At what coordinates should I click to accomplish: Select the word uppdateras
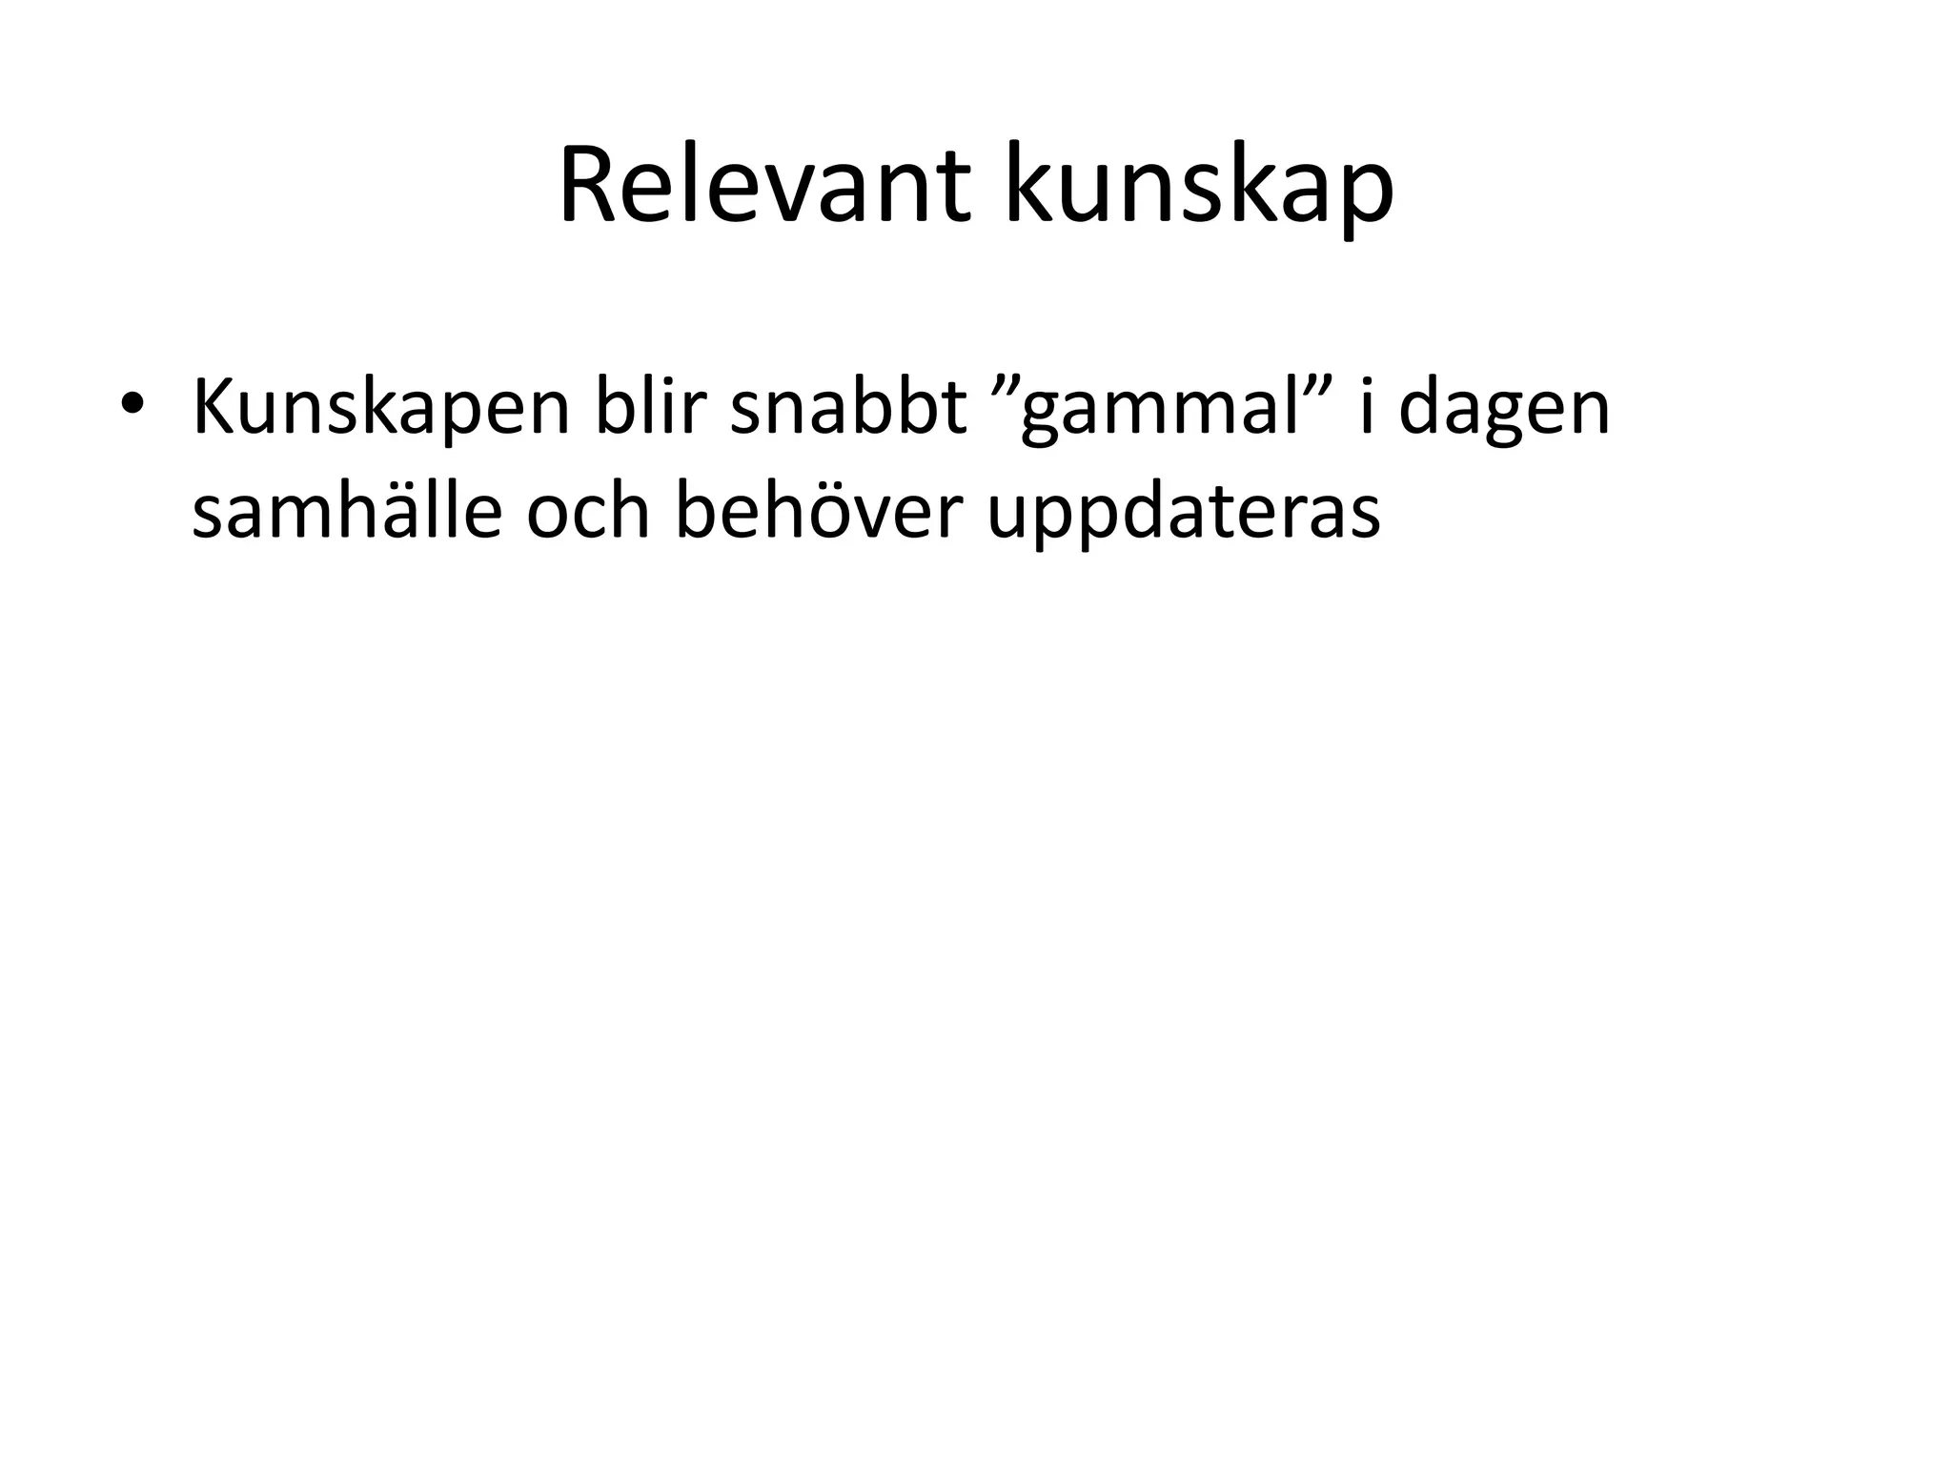pos(1183,513)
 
